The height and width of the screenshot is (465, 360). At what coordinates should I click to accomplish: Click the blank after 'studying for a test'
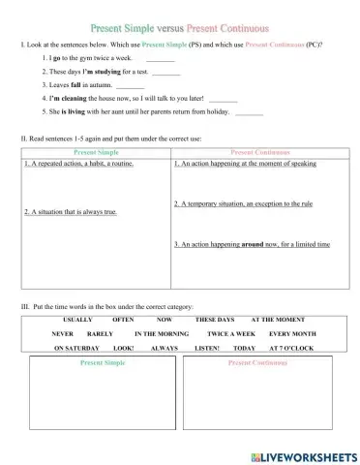(x=166, y=74)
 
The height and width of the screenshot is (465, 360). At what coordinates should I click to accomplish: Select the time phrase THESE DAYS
(x=213, y=319)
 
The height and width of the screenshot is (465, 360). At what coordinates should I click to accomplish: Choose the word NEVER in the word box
(x=63, y=332)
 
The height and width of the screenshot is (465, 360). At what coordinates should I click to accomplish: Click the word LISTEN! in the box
(x=207, y=346)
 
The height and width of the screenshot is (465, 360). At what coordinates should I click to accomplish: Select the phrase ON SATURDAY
(x=74, y=346)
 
